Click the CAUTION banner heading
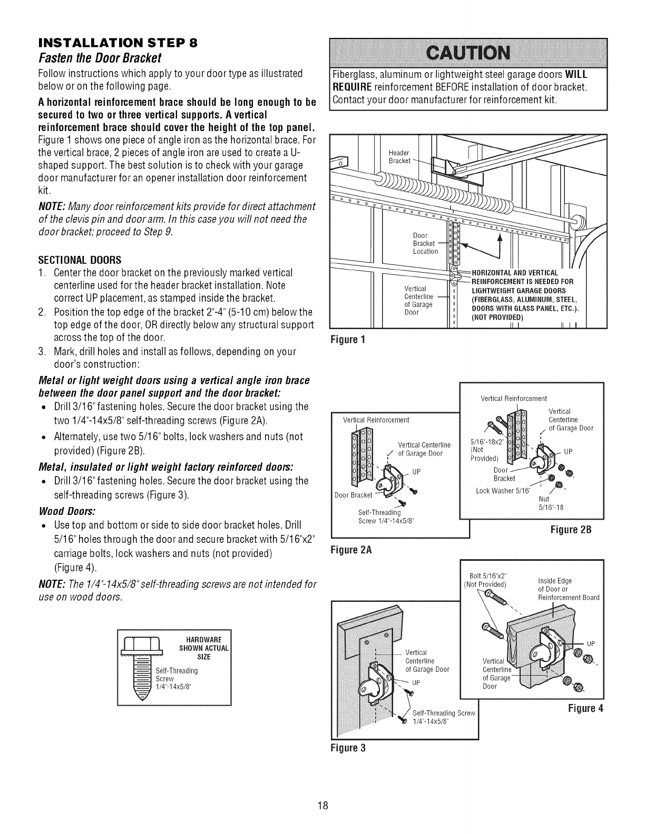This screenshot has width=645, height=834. [x=468, y=53]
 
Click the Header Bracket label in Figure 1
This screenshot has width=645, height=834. [x=399, y=156]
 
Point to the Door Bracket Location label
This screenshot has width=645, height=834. [x=425, y=243]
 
